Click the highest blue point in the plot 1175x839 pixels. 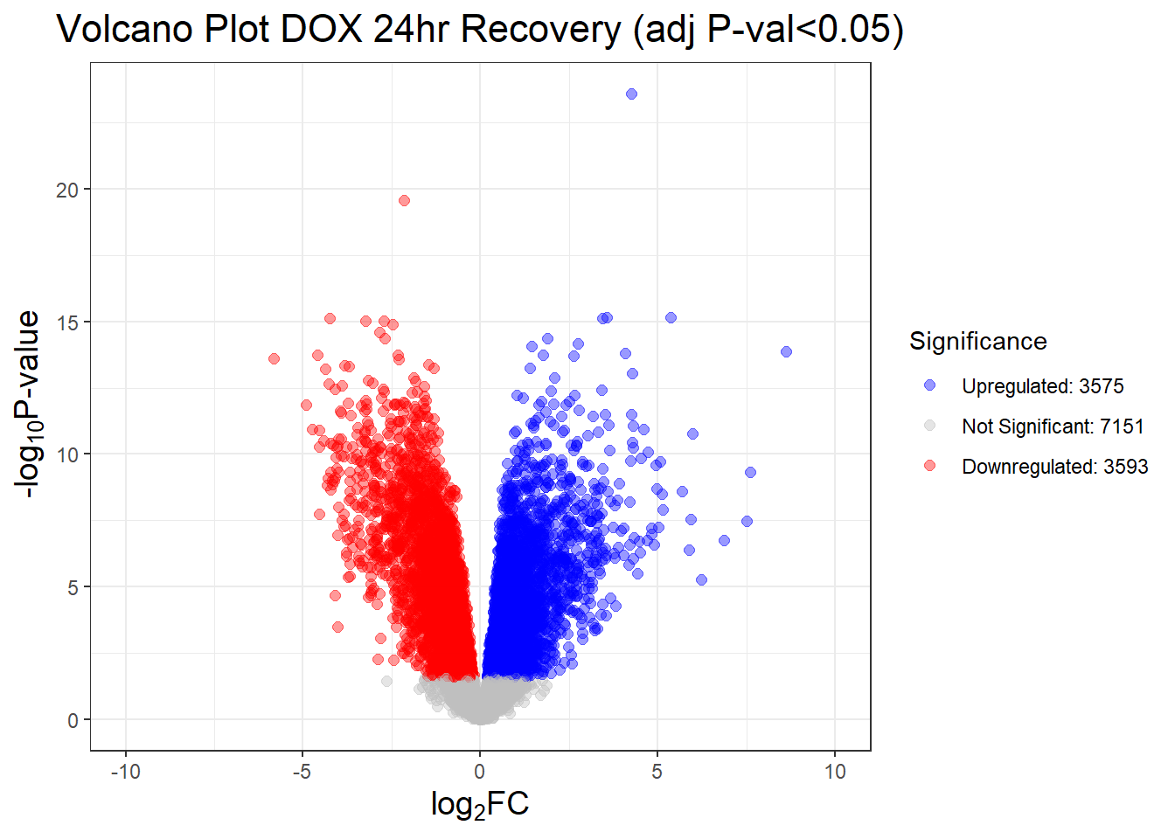click(631, 94)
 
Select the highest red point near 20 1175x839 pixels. click(404, 200)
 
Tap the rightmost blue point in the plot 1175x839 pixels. click(786, 351)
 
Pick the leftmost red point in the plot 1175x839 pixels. click(274, 358)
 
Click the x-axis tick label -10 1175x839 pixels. click(125, 772)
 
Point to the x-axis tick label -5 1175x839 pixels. click(302, 772)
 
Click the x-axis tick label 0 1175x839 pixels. click(479, 772)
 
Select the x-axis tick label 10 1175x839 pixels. click(834, 772)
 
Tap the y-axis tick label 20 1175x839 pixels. click(67, 190)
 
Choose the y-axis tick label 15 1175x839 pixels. click(67, 322)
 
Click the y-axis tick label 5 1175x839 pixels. click(73, 587)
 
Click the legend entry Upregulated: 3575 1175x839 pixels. click(1042, 386)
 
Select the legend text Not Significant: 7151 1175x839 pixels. click(1053, 426)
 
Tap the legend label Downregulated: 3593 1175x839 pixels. click(1054, 467)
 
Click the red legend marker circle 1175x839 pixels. click(929, 466)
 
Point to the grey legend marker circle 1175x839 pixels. click(929, 426)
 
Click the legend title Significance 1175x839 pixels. click(977, 341)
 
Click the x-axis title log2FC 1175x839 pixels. click(479, 804)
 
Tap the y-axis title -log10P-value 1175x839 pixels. click(28, 405)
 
